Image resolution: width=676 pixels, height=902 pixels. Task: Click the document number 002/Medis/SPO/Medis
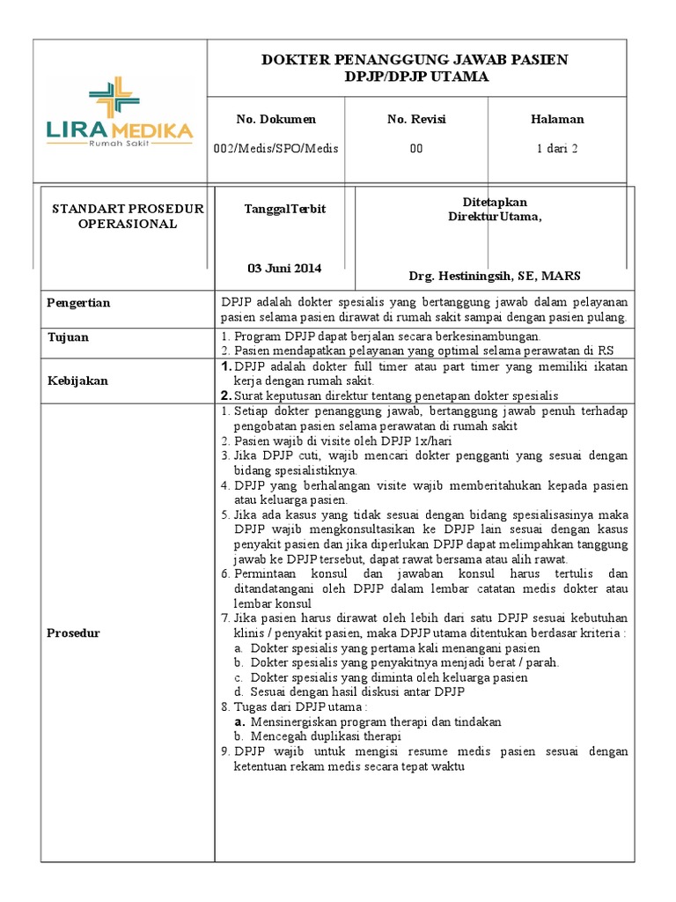[x=276, y=149]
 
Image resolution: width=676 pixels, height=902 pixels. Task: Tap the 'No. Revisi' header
[x=415, y=120]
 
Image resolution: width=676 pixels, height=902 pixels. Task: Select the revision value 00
[x=415, y=149]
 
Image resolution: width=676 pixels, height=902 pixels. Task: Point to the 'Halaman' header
[x=556, y=120]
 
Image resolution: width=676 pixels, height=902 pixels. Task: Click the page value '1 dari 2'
[x=556, y=149]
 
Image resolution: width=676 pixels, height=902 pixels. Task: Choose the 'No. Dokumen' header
[x=276, y=120]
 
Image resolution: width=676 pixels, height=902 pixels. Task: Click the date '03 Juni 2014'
[x=284, y=268]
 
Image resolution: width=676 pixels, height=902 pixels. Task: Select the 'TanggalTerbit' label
[x=284, y=209]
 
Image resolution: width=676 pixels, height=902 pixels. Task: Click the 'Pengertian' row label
[x=78, y=303]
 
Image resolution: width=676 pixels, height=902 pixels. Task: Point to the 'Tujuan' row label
[x=68, y=337]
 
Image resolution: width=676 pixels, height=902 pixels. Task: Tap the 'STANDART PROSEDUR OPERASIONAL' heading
[x=128, y=216]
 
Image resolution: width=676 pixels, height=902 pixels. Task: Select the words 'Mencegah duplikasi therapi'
[x=326, y=736]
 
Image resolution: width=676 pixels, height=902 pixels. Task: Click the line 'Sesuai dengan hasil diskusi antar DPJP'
[x=357, y=691]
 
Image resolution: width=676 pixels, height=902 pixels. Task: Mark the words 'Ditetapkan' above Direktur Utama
[x=495, y=203]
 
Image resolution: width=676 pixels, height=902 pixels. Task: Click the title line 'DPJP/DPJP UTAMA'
[x=415, y=78]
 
